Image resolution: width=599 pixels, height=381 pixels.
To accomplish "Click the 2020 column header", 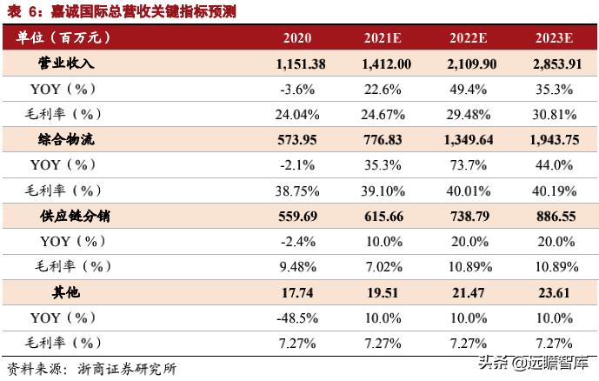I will tap(297, 38).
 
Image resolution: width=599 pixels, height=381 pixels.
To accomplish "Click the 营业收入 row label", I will tap(66, 63).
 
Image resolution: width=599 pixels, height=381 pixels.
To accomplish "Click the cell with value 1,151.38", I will tap(301, 63).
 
